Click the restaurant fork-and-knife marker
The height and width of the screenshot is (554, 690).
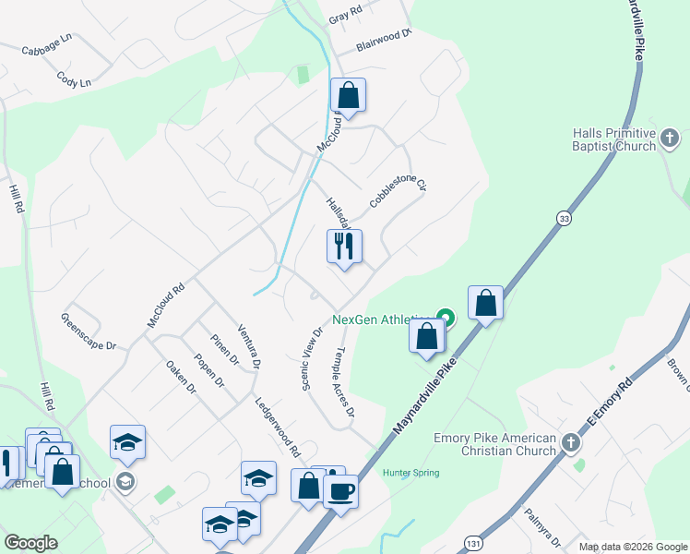tap(344, 247)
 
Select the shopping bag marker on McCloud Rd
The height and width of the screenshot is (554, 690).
tap(348, 95)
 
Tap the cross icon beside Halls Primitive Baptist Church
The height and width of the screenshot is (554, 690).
tap(671, 140)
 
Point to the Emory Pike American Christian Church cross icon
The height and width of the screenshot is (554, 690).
tap(571, 443)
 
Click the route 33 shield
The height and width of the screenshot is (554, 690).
tap(564, 218)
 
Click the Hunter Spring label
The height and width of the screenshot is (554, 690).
tap(411, 473)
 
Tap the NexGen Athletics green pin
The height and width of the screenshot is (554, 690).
tap(446, 319)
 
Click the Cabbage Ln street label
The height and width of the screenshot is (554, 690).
tap(46, 45)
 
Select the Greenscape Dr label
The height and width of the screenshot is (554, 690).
tap(89, 332)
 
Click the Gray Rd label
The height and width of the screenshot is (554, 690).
tap(343, 18)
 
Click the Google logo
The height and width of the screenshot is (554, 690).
tap(30, 543)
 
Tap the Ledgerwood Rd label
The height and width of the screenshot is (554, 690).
tap(278, 428)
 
